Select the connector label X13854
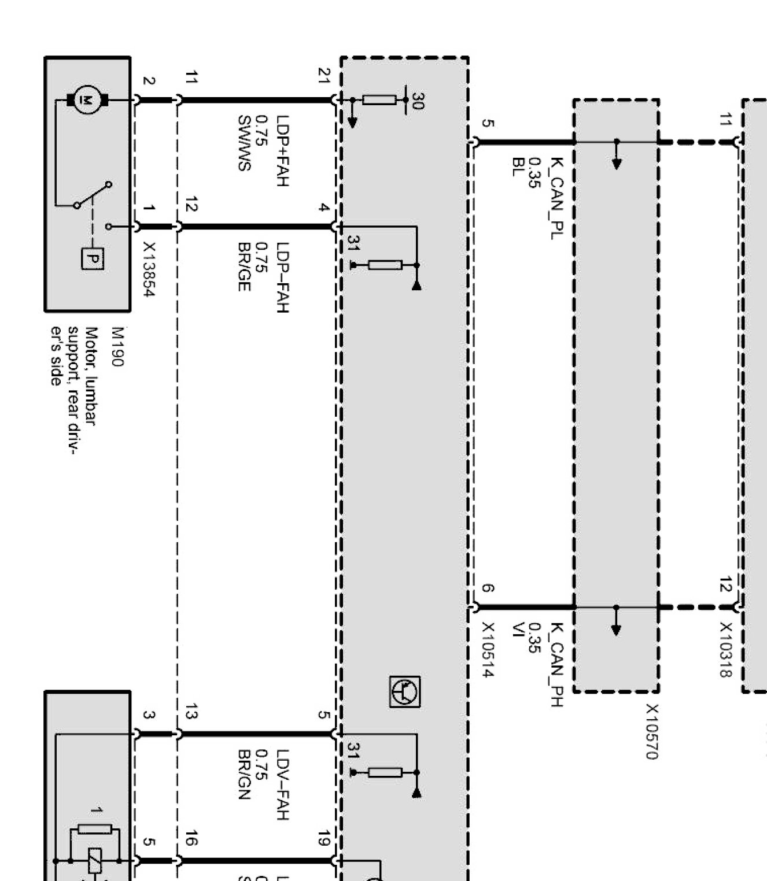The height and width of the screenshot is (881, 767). point(149,269)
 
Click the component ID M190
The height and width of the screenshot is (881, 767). point(117,347)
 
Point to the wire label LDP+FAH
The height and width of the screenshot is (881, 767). point(282,151)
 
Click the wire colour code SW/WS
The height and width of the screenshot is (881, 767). point(244,143)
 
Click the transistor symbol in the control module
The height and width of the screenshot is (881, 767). point(405,691)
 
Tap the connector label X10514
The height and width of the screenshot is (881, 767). point(488,649)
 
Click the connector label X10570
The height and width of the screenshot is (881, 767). point(652,731)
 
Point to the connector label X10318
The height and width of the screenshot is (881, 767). point(725,649)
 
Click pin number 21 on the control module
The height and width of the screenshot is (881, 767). point(324,76)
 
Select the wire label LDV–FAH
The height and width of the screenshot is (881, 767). point(282,784)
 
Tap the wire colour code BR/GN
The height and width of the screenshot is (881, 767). point(244,775)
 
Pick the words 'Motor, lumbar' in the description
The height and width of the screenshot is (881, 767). point(91,376)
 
